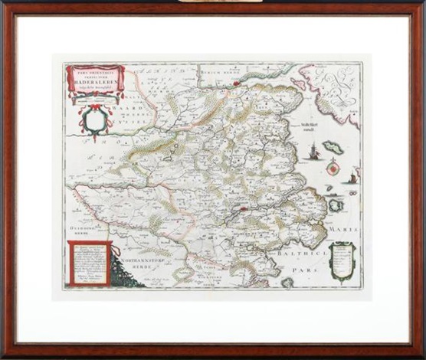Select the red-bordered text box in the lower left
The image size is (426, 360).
(x=89, y=262)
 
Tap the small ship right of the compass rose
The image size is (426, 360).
(x=352, y=178)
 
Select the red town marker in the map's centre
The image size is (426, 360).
(x=244, y=207)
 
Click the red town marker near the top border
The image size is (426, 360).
(x=237, y=82)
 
